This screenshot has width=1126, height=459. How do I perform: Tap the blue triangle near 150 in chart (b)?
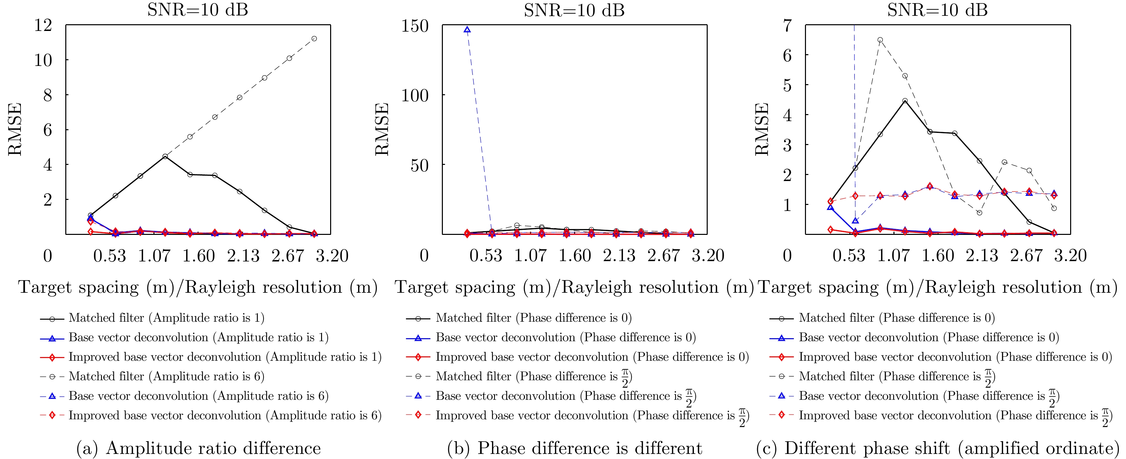click(467, 30)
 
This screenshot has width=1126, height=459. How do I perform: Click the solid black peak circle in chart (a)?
click(165, 156)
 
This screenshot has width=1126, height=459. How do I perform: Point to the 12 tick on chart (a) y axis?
click(43, 25)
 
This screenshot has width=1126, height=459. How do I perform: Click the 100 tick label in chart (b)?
click(415, 95)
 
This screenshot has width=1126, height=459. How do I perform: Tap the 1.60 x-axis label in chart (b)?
click(574, 256)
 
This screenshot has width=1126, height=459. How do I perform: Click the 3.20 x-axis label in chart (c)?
click(1070, 256)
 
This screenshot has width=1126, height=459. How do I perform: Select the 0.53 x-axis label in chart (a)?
click(109, 256)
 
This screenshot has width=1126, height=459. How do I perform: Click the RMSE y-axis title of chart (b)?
click(382, 130)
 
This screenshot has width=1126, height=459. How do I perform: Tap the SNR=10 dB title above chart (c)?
click(937, 10)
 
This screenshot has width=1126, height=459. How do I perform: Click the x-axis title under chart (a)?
click(198, 287)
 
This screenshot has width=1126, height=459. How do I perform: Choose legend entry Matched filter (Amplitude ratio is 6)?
click(166, 376)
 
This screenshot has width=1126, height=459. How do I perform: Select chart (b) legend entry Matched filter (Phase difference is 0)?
click(533, 318)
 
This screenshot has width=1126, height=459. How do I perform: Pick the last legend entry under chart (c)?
click(955, 416)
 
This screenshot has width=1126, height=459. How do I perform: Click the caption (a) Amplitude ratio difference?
click(199, 448)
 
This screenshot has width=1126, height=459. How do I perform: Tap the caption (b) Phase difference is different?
click(574, 448)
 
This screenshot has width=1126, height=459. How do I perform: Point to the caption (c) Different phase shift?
click(937, 448)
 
